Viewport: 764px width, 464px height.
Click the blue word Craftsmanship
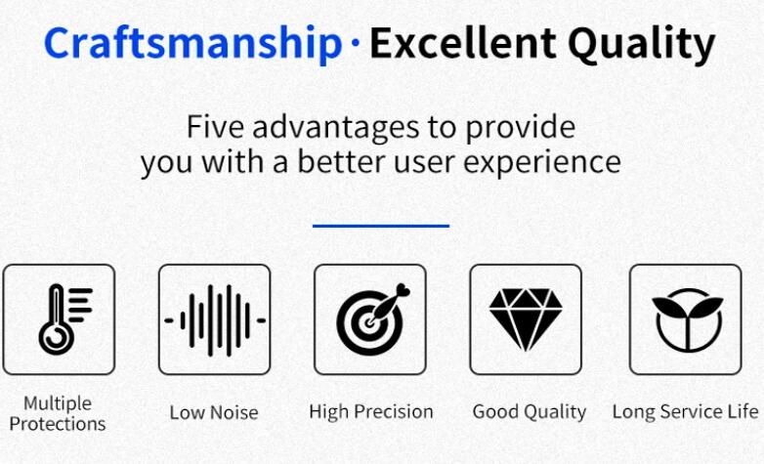point(192,44)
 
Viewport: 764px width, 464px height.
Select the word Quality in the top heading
point(641,45)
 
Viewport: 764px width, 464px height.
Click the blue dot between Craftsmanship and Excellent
point(356,43)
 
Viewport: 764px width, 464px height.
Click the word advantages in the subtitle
point(335,129)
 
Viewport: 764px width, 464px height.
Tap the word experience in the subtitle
point(542,163)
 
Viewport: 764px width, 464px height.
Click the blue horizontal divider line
point(381,226)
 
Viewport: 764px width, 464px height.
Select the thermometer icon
point(65,319)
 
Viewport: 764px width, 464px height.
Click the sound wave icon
point(215,320)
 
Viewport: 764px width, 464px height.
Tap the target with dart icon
point(373,319)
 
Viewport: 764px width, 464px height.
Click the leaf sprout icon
point(687,319)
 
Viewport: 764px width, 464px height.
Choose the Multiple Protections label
point(58,413)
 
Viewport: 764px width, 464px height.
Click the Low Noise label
point(214,413)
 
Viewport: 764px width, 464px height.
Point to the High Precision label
point(371,412)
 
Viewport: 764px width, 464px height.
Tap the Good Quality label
point(530,412)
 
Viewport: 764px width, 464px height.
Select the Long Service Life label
point(685,412)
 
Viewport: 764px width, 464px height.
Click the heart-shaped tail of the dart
point(403,291)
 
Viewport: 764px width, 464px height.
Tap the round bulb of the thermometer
point(57,337)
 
